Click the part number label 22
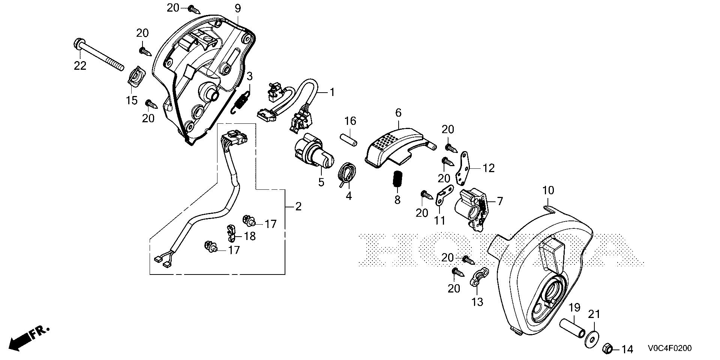pyautogui.click(x=80, y=66)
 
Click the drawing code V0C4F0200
pyautogui.click(x=668, y=349)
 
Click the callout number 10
pyautogui.click(x=548, y=190)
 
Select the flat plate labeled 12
pyautogui.click(x=464, y=168)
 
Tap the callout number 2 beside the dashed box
pyautogui.click(x=298, y=207)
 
